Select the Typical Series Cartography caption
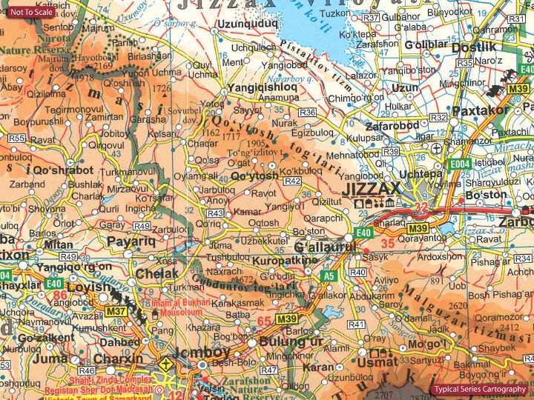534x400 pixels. tap(481, 390)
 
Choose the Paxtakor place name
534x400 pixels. tap(480, 110)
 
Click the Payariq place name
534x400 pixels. tap(131, 241)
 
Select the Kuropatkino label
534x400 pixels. tap(285, 261)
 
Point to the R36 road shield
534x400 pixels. tap(307, 112)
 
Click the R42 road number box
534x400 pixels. tap(292, 181)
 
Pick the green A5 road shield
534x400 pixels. tap(329, 276)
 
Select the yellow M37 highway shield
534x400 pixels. tap(115, 311)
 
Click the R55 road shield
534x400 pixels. tap(16, 138)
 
